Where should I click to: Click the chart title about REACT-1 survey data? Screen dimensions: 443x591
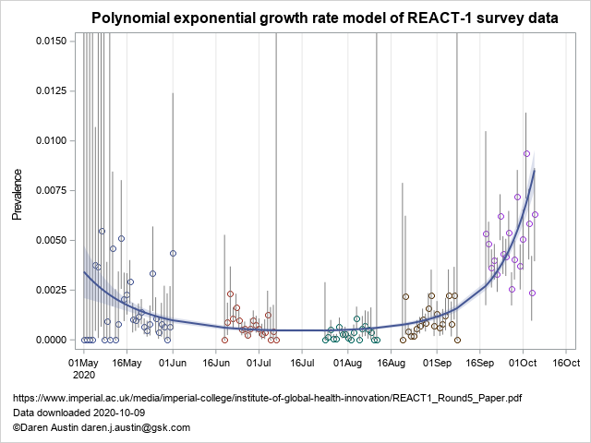click(325, 18)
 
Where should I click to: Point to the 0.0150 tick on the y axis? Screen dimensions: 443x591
click(49, 41)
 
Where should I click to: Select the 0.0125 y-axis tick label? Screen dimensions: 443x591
click(49, 90)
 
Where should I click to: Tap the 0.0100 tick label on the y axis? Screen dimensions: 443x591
click(49, 140)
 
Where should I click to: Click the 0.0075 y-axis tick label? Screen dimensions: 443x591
click(49, 190)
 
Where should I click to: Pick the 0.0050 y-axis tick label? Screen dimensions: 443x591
click(49, 240)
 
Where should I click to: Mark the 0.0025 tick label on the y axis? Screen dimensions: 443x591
click(49, 290)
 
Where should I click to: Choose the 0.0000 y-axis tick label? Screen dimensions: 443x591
click(49, 340)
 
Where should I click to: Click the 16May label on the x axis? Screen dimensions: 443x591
click(127, 363)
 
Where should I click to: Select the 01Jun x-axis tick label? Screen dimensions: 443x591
click(173, 363)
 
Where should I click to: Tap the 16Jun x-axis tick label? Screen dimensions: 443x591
click(216, 363)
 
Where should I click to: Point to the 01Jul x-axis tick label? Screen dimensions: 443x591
click(259, 363)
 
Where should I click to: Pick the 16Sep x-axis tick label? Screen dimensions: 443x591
click(480, 363)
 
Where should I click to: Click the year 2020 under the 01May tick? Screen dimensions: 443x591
click(84, 375)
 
